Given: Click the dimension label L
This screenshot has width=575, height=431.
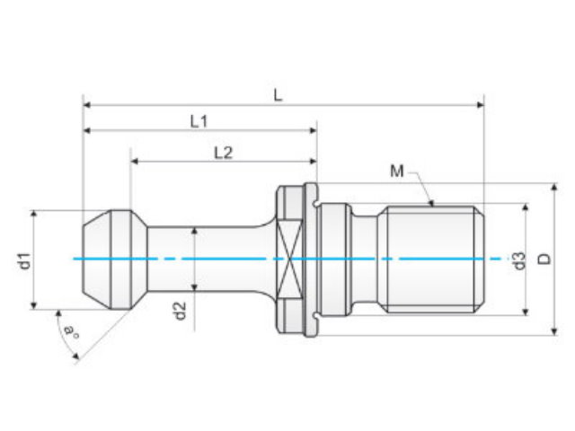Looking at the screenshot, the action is (x=278, y=95).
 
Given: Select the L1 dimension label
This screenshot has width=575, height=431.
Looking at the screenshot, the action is (x=199, y=121).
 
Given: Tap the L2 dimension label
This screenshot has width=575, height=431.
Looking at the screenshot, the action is (x=224, y=153).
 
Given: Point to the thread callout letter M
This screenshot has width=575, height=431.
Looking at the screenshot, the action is (x=397, y=171).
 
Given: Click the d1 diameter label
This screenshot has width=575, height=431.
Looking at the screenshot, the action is (x=24, y=260).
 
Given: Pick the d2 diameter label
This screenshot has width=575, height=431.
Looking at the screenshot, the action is (x=180, y=312).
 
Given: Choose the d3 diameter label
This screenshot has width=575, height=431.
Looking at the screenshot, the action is (x=519, y=261).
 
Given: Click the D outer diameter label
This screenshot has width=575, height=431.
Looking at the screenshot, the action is (x=545, y=259).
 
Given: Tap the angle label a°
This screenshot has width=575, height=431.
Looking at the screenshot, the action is (x=70, y=331).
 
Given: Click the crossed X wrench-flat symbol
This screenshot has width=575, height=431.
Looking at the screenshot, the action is (x=290, y=259).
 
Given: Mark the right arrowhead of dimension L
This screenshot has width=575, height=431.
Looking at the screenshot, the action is (x=480, y=105).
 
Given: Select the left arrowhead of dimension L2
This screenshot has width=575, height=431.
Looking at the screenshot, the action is (x=134, y=161).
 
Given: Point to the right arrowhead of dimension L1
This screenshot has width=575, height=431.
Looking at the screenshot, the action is (x=313, y=130).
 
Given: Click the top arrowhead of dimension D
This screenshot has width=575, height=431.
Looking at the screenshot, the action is (x=554, y=187).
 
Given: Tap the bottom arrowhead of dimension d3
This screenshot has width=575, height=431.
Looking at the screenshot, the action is (x=525, y=312).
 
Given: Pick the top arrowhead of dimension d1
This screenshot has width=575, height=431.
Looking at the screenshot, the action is (x=34, y=215).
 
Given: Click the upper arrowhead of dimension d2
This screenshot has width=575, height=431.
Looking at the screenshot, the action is (x=195, y=231).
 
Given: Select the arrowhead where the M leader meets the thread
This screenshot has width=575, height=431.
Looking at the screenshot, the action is (x=431, y=203).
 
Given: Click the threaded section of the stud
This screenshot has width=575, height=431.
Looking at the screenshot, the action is (x=435, y=259).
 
